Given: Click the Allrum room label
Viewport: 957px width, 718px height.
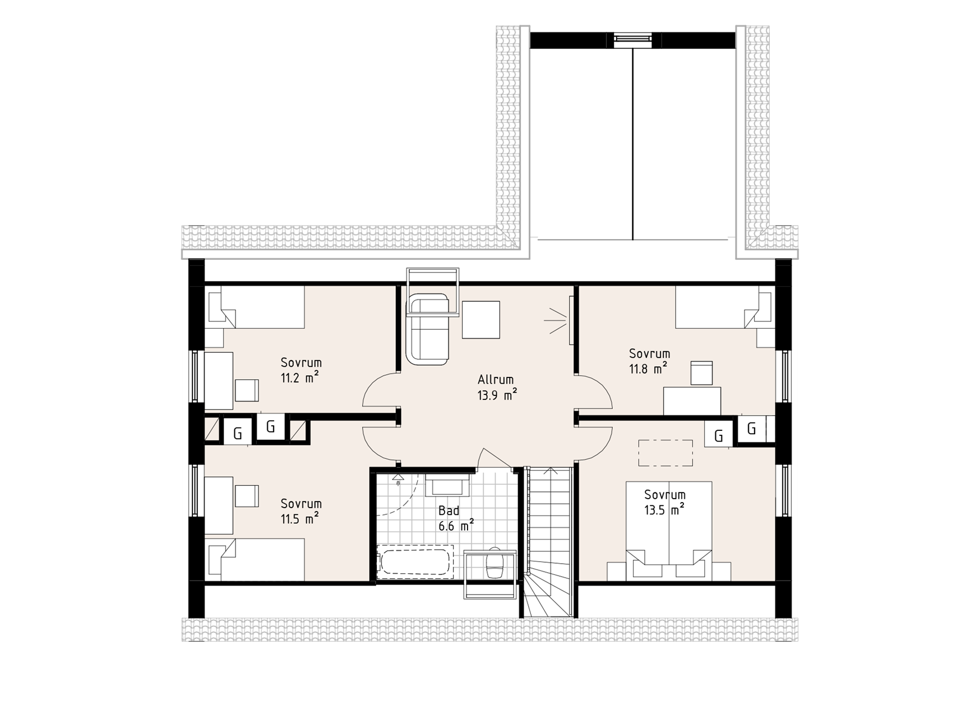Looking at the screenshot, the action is pyautogui.click(x=496, y=380).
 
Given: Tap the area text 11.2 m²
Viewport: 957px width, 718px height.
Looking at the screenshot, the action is pyautogui.click(x=300, y=378).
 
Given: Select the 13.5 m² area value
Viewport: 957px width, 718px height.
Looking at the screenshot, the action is pyautogui.click(x=664, y=510).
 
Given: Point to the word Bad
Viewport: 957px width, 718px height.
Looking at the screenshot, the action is pyautogui.click(x=449, y=510).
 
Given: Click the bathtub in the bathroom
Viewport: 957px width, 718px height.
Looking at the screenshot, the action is pyautogui.click(x=415, y=561).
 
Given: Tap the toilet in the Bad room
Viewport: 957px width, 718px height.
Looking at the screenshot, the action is pyautogui.click(x=494, y=563).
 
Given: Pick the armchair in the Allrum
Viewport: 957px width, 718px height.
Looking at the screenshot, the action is pyautogui.click(x=428, y=330).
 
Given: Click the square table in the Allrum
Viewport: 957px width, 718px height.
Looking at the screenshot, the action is pyautogui.click(x=481, y=320).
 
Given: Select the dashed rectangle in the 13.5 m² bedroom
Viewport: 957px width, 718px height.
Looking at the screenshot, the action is pyautogui.click(x=665, y=453).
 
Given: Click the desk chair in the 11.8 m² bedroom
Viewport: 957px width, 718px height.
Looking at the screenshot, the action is pyautogui.click(x=701, y=373).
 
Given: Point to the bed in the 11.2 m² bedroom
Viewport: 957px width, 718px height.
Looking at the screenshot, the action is pyautogui.click(x=255, y=307).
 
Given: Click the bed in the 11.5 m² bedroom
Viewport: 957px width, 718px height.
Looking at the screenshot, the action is pyautogui.click(x=255, y=560).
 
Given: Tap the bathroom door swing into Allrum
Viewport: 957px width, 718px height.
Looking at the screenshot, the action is pyautogui.click(x=496, y=458).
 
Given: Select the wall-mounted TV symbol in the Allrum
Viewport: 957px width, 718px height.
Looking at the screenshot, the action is pyautogui.click(x=570, y=320).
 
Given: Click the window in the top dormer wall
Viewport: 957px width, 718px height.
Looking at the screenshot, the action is pyautogui.click(x=632, y=38).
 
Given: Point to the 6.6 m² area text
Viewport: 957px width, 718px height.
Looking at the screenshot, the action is pyautogui.click(x=457, y=526).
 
